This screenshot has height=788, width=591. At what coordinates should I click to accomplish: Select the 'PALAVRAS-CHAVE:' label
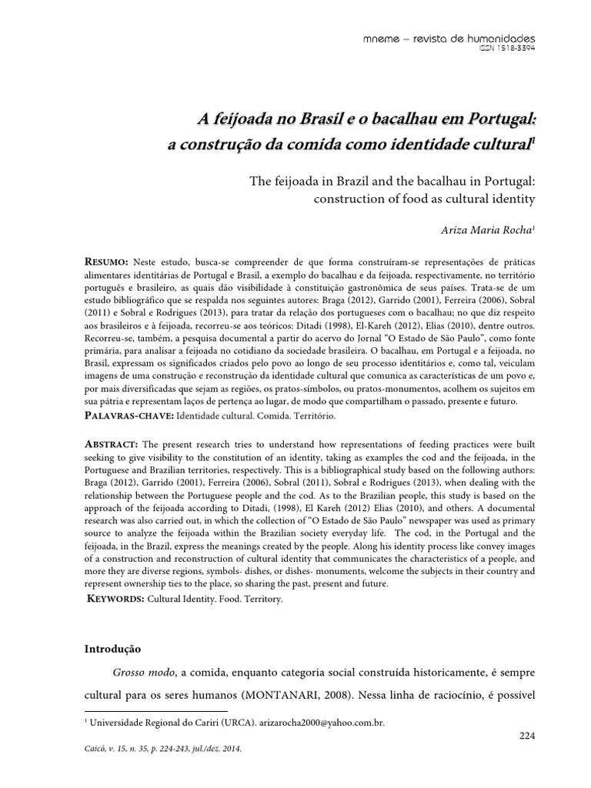[129, 416]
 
